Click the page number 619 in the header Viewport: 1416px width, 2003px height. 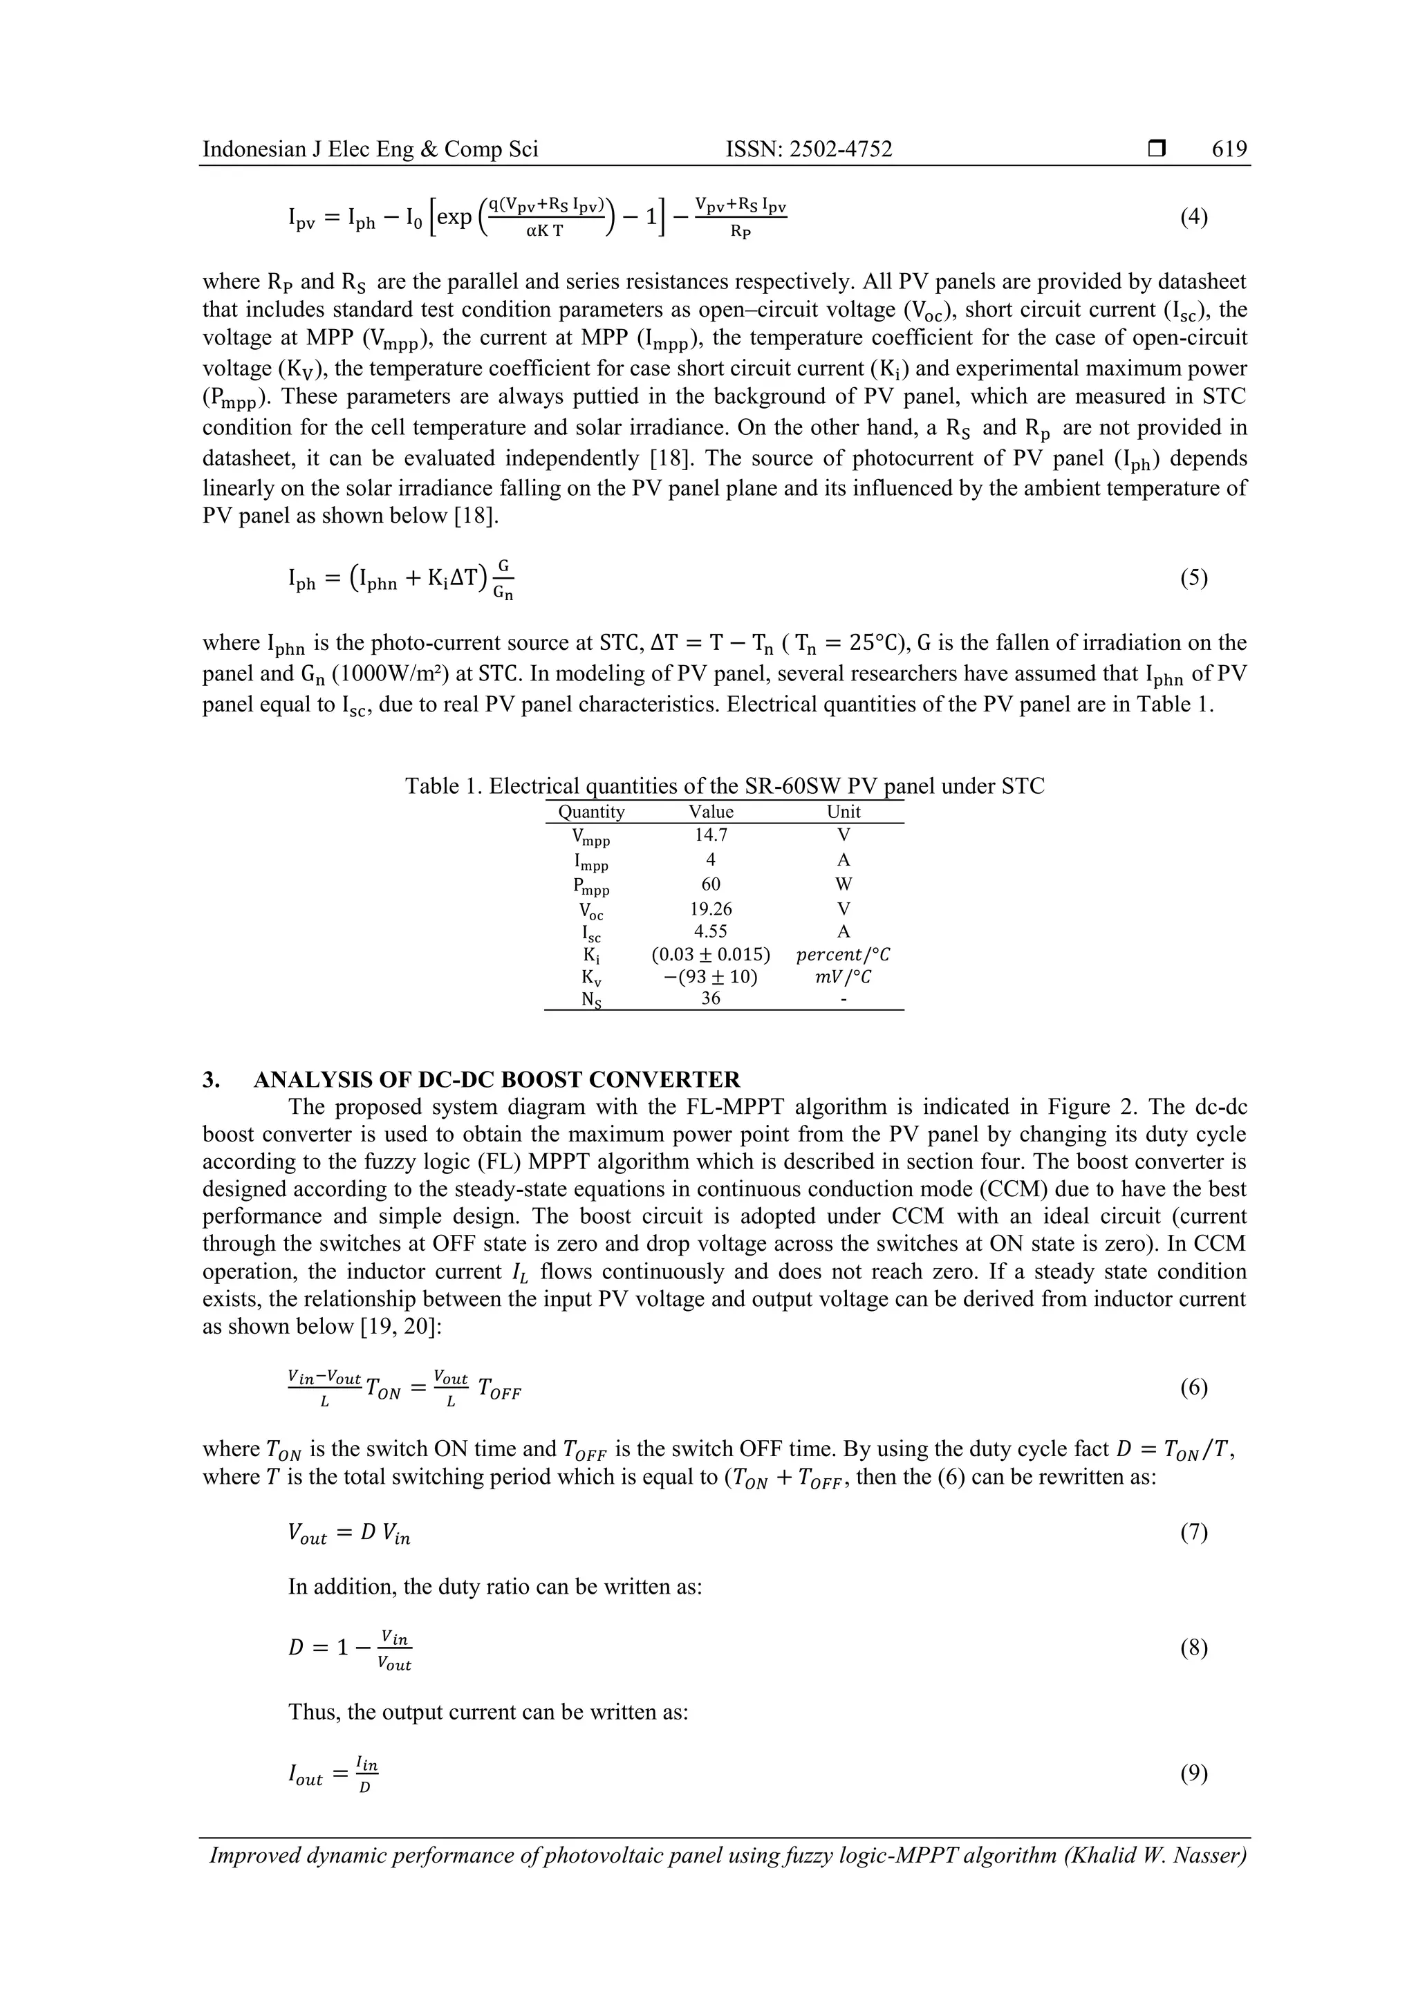pos(1229,149)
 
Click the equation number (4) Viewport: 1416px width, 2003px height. pos(1193,216)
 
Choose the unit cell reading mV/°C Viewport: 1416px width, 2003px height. pos(843,976)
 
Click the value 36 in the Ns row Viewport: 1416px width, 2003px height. pos(710,998)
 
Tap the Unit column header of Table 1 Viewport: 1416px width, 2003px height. pos(843,811)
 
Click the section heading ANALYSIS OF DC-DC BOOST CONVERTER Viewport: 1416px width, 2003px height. pos(496,1079)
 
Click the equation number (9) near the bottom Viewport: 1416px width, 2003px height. pos(1193,1773)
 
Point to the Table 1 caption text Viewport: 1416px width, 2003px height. pos(724,786)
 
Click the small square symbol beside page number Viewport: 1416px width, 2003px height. pos(1157,149)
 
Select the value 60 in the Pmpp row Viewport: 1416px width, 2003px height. pos(710,884)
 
